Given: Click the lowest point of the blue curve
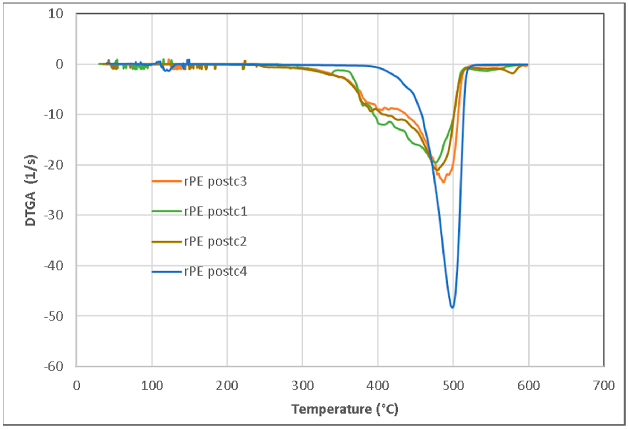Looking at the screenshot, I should click(452, 307).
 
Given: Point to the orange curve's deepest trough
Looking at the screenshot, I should click(444, 182).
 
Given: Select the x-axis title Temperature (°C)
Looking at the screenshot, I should click(345, 409).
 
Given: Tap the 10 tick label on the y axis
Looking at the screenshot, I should click(55, 14).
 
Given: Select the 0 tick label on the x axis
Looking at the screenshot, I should click(76, 386).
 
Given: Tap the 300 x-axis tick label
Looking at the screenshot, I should click(303, 386).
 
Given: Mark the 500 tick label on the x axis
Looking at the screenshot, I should click(453, 386).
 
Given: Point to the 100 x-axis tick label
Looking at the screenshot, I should click(152, 386).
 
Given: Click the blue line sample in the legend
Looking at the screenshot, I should click(166, 272).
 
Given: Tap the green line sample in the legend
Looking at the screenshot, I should click(166, 211).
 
